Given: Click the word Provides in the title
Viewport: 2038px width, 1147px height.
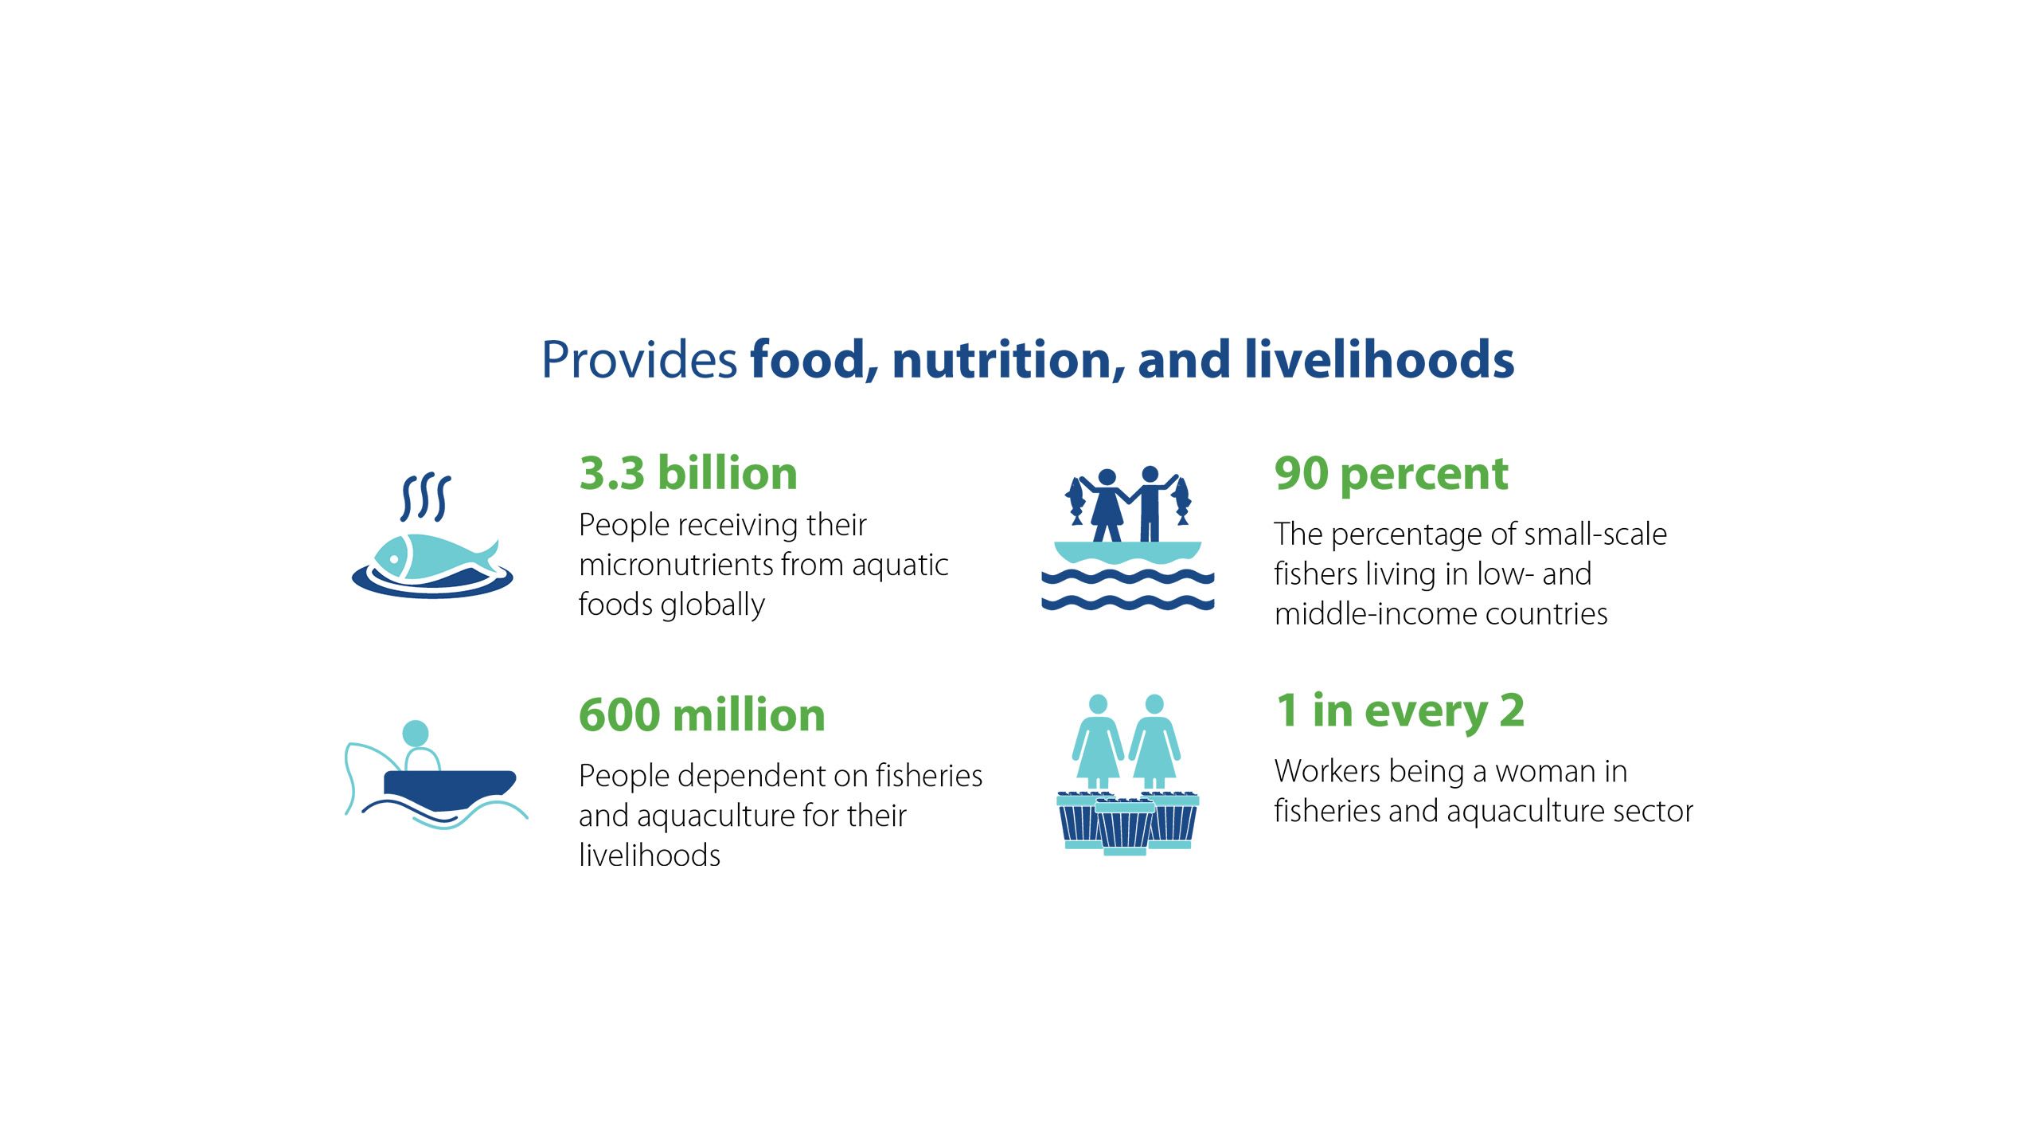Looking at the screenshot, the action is tap(639, 360).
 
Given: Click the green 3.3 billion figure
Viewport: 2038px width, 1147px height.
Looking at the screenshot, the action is tap(689, 473).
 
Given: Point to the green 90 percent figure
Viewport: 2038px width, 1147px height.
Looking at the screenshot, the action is tap(1391, 475).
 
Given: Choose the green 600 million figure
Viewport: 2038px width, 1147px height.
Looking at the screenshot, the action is tap(702, 714).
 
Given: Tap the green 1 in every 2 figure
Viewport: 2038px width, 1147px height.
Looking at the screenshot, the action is tap(1400, 711).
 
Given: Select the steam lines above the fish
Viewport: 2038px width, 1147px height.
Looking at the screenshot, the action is tap(425, 497).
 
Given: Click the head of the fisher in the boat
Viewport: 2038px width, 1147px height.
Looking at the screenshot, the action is tap(416, 733).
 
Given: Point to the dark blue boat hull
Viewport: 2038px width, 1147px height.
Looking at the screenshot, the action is tap(450, 789).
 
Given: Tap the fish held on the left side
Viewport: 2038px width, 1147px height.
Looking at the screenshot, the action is tap(1076, 501).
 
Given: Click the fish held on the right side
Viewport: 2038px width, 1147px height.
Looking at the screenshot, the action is tap(1181, 501).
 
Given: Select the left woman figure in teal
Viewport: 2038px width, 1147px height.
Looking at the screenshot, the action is tap(1098, 742).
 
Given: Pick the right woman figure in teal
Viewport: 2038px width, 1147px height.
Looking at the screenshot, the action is tap(1154, 742).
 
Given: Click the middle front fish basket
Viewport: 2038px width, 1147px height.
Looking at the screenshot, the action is tap(1125, 828).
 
